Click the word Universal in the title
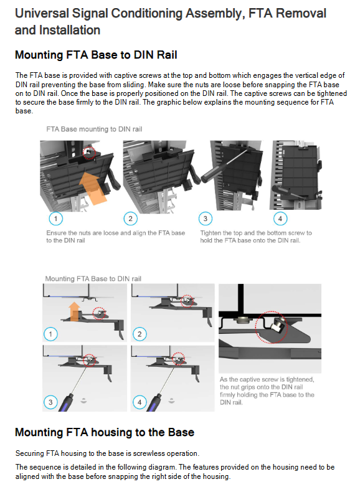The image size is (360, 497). [42, 14]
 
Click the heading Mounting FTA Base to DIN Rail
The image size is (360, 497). [96, 55]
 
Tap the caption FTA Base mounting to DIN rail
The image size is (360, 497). [94, 129]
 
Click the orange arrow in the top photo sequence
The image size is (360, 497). [93, 187]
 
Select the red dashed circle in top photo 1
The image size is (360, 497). [89, 153]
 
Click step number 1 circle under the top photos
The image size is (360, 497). [56, 219]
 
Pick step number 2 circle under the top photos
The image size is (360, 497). [130, 219]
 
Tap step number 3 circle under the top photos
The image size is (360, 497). [206, 219]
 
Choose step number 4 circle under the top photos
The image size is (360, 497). [280, 219]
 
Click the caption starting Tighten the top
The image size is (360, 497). [256, 237]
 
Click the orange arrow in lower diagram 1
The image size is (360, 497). [75, 311]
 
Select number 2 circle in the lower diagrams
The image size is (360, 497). [140, 334]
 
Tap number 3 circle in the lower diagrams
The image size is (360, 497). [50, 402]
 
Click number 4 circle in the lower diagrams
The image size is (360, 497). [140, 402]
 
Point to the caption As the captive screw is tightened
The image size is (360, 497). [267, 391]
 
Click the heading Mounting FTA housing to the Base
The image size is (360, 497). [105, 432]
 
